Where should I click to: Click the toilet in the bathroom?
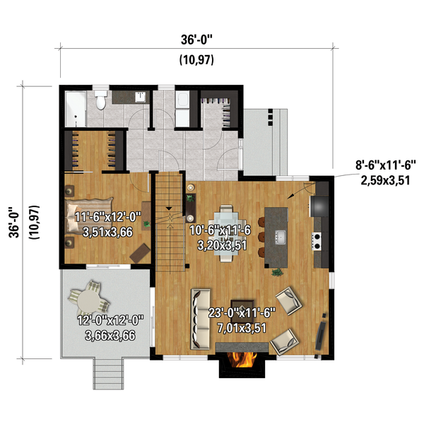[101, 102]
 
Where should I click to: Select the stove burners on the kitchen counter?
[318, 241]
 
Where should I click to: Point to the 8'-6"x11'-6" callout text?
[386, 164]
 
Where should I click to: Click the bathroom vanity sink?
[141, 96]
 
